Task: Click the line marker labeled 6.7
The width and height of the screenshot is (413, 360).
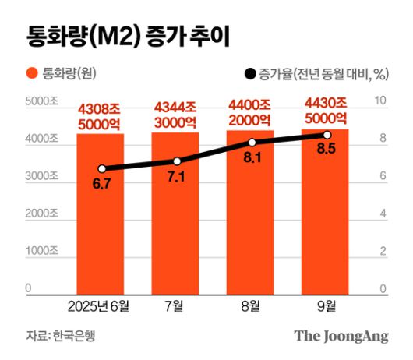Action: pyautogui.click(x=101, y=168)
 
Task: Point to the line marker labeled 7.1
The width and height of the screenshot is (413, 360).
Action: pyautogui.click(x=177, y=161)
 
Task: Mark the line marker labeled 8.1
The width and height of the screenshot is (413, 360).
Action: pyautogui.click(x=252, y=143)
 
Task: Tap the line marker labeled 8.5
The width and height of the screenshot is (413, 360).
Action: pyautogui.click(x=327, y=136)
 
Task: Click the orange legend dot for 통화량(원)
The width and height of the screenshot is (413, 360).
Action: pyautogui.click(x=31, y=74)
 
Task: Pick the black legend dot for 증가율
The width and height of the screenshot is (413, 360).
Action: pyautogui.click(x=249, y=75)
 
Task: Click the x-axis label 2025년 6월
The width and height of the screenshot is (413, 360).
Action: pyautogui.click(x=100, y=305)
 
